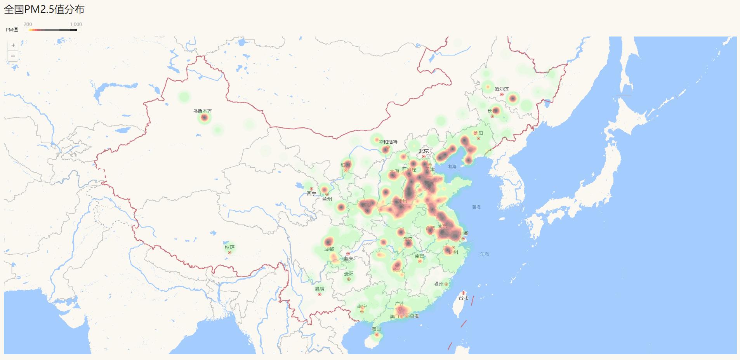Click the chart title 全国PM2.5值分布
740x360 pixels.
44,9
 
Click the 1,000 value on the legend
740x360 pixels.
76,24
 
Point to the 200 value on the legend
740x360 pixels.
28,24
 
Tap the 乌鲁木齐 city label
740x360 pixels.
203,111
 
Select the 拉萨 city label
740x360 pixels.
229,247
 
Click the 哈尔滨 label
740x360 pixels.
502,89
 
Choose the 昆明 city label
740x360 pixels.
320,289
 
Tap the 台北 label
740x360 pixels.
463,298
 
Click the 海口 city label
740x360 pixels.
376,329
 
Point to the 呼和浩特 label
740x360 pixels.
388,142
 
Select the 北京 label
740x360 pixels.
424,151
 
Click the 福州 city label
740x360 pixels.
439,284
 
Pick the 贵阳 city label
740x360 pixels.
349,274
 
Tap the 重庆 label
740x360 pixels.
348,258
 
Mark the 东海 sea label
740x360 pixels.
484,254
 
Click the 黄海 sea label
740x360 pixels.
476,207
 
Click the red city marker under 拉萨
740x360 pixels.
229,253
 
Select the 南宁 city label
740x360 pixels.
362,306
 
